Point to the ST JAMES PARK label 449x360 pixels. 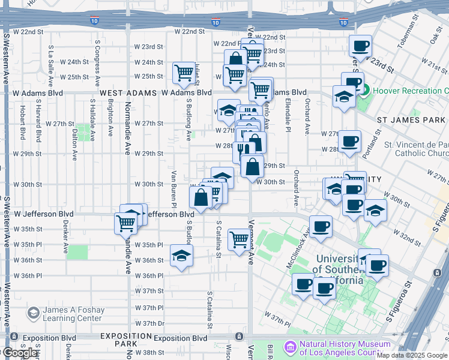(x=412, y=120)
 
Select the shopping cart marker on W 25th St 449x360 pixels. (x=184, y=73)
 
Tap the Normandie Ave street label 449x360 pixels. (x=128, y=131)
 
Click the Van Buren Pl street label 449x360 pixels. (x=173, y=183)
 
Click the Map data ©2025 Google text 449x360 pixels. (x=412, y=355)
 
